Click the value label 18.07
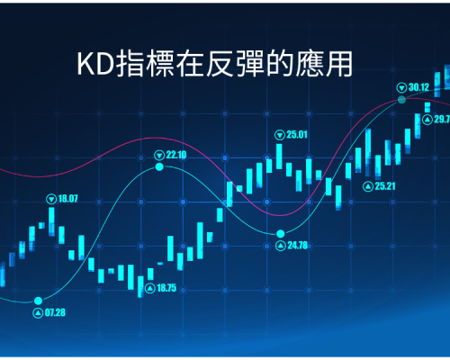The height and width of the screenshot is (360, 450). coord(67,199)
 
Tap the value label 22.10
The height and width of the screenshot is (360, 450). coord(176,155)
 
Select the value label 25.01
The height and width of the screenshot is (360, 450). coord(297,135)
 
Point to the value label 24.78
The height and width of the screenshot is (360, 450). coord(298,246)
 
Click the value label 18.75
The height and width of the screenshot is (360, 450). coord(166,288)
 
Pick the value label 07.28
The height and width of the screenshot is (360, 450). coord(55,313)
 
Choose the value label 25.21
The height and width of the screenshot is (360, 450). coord(385,186)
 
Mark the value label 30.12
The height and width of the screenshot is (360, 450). coord(418,87)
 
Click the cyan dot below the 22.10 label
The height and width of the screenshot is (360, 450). coord(159,166)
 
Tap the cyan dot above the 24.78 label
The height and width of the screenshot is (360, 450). coord(281,233)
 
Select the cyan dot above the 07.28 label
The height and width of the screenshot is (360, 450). coord(38,301)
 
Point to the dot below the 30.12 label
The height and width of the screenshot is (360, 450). coord(401,100)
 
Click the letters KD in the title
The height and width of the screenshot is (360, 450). coord(95,64)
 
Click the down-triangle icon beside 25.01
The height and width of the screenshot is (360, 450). coord(280,135)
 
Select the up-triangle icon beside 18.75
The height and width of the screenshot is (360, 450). coord(150,288)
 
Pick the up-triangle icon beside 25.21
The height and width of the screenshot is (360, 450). coord(368,186)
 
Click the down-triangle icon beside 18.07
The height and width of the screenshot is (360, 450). coord(51,199)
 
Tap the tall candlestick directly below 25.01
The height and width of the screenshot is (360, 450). coord(279,157)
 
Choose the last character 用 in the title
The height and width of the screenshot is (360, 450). coord(339,64)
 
